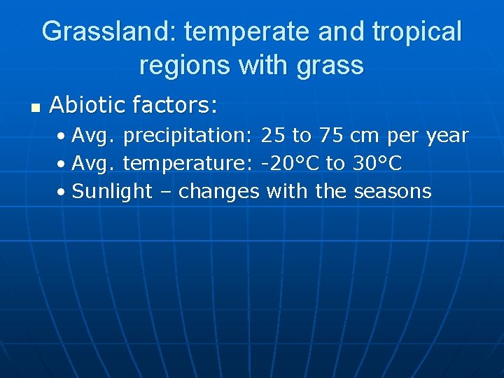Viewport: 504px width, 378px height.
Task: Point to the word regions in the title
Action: (x=185, y=65)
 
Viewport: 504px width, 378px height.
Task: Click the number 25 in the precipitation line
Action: (x=273, y=136)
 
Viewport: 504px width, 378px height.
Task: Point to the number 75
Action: (x=331, y=136)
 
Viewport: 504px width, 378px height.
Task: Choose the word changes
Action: (x=218, y=191)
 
